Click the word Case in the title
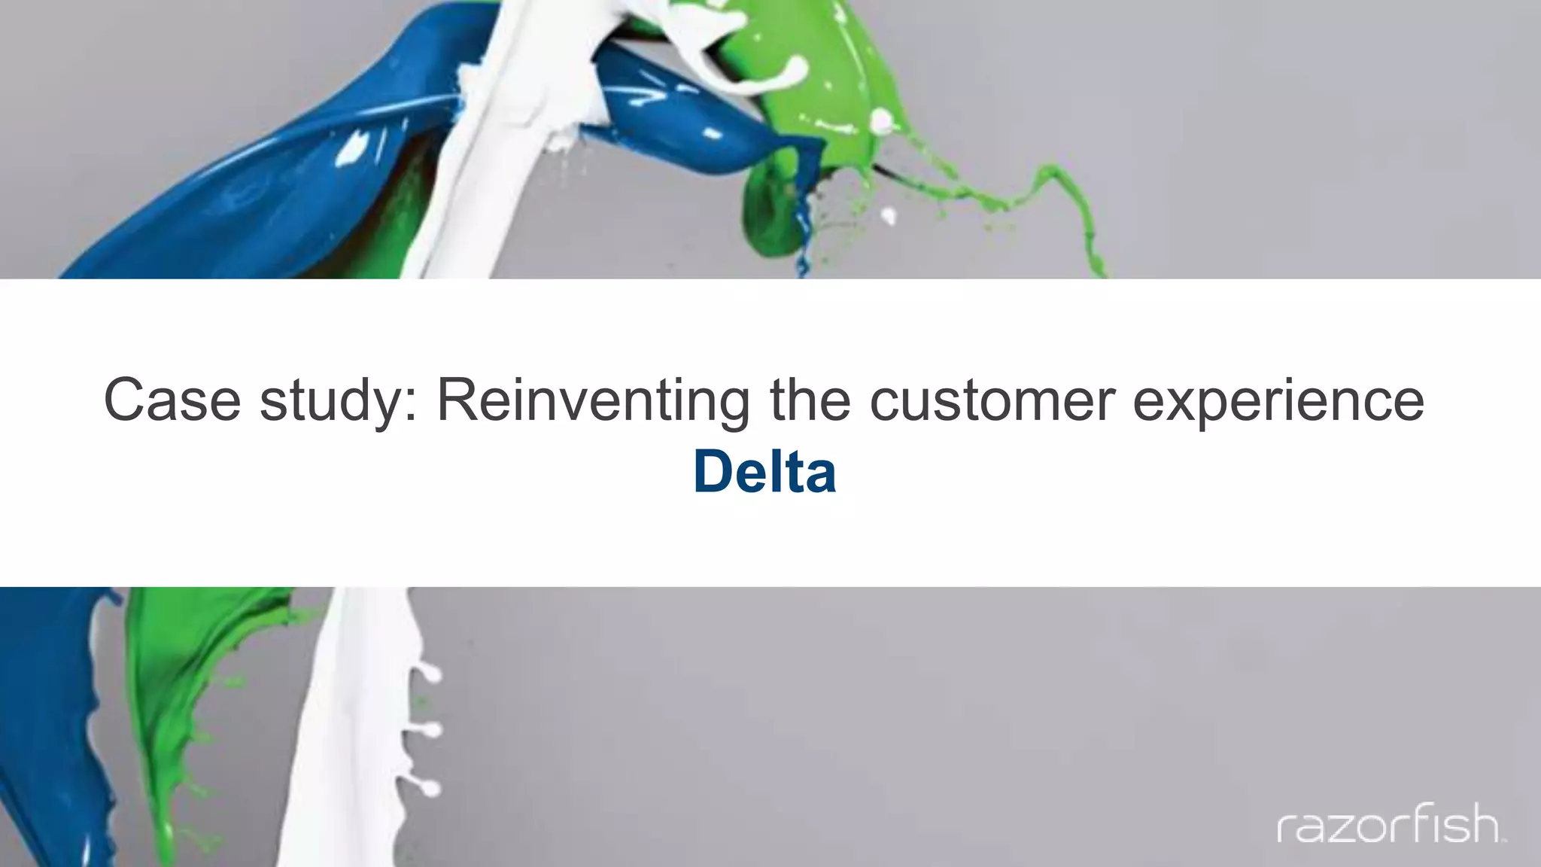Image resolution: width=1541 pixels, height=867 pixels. [x=172, y=400]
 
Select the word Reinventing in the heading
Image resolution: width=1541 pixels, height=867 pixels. [x=593, y=400]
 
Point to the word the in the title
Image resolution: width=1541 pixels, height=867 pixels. [x=810, y=400]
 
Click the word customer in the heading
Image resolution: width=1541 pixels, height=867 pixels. [x=992, y=400]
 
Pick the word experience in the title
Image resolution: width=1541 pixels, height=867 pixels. [x=1278, y=400]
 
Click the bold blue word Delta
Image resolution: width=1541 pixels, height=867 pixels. [x=764, y=472]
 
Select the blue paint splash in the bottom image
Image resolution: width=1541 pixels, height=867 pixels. [x=45, y=715]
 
